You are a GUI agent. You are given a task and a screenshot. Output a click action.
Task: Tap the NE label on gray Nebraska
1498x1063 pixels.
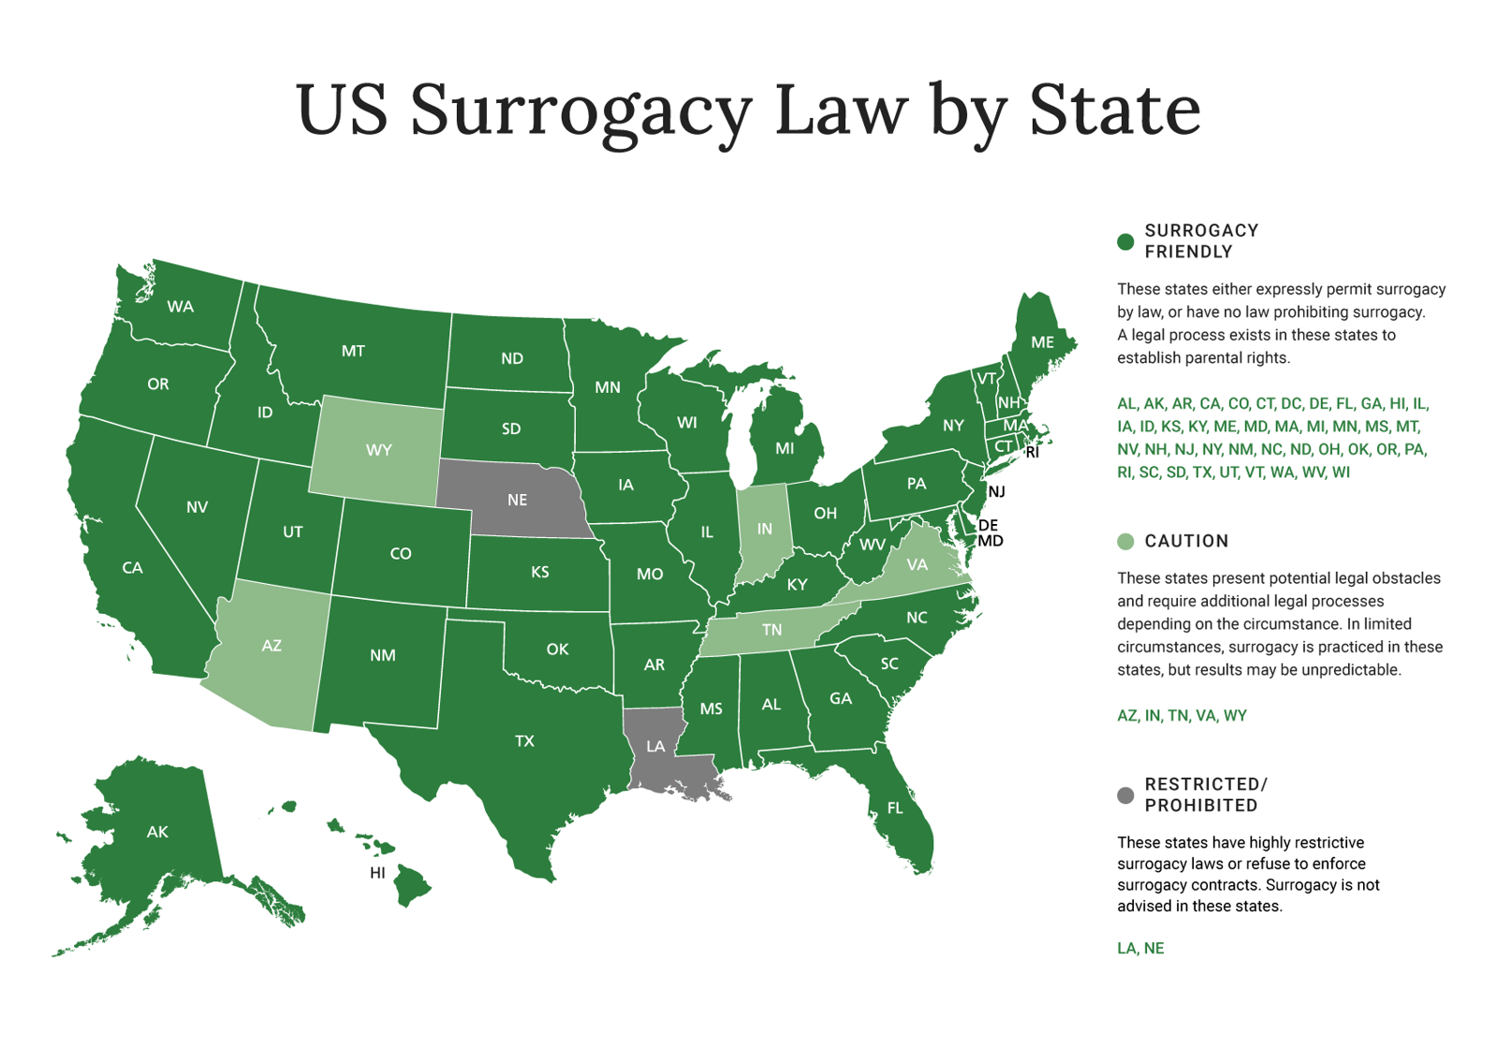[x=517, y=501]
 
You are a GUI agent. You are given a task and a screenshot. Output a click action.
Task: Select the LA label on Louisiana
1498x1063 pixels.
[x=655, y=747]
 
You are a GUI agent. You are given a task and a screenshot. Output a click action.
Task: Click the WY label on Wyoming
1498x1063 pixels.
[x=378, y=450]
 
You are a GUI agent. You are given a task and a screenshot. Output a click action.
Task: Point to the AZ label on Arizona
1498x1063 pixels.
[x=272, y=646]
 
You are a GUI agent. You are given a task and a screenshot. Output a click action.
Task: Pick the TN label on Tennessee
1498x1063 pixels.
[x=771, y=630]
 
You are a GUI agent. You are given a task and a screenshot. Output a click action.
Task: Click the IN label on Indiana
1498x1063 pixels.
[x=764, y=530]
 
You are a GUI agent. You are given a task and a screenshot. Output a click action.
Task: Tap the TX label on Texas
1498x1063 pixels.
[x=524, y=741]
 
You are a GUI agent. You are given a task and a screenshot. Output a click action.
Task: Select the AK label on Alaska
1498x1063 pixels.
[x=157, y=832]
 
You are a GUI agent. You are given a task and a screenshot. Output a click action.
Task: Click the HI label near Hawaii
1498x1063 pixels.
[x=377, y=873]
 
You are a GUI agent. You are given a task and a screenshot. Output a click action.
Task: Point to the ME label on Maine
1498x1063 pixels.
[x=1042, y=342]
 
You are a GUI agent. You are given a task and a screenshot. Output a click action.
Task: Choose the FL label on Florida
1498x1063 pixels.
[x=895, y=808]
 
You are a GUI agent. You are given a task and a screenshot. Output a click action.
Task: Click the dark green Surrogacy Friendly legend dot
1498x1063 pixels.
[x=1125, y=241]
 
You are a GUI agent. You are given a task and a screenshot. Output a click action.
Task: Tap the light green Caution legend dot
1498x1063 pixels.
[x=1125, y=541]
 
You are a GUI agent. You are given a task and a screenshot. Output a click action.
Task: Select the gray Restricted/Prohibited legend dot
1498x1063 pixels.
[x=1125, y=795]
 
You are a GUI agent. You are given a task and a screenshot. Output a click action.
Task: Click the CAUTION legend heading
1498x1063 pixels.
[x=1186, y=541]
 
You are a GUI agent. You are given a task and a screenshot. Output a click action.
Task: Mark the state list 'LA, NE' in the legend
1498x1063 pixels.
[x=1140, y=948]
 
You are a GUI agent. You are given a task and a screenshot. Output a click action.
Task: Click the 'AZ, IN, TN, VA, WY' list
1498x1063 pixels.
[x=1182, y=716]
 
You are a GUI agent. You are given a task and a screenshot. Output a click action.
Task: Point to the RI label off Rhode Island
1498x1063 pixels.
[x=1032, y=453]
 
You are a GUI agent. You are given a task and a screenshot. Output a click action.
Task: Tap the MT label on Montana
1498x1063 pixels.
[x=353, y=352]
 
